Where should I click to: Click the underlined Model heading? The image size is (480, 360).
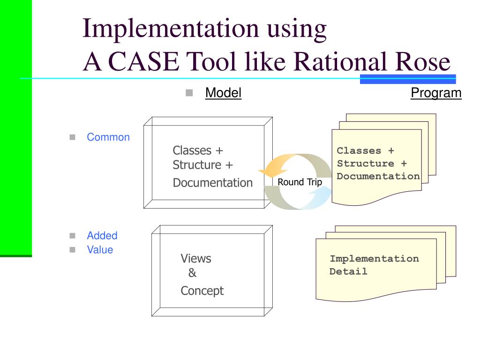tap(223, 93)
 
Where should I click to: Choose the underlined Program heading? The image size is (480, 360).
tap(436, 93)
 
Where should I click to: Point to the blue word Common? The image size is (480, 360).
tap(108, 137)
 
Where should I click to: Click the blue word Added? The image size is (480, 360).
tap(102, 236)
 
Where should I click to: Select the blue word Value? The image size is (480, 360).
tap(100, 249)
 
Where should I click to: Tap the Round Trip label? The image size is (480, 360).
tap(300, 182)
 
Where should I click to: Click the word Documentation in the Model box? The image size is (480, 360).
tap(212, 183)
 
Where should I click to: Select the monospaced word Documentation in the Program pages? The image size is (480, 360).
tap(378, 176)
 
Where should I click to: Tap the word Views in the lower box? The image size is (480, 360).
tap(196, 258)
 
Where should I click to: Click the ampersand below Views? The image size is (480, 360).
tap(192, 273)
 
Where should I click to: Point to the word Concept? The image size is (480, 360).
tap(202, 291)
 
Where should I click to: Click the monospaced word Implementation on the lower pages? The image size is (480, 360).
tap(374, 259)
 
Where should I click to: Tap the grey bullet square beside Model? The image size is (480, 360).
tap(189, 93)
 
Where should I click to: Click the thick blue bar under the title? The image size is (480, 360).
tap(408, 79)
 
